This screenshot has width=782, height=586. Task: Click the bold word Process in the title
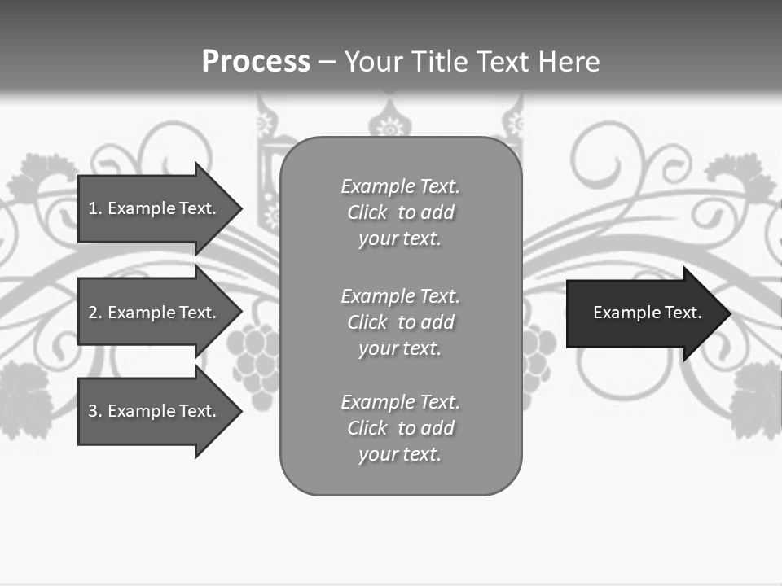pos(256,62)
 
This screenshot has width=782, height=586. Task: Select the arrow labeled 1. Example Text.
pos(155,208)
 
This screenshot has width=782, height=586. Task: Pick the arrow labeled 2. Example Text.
pos(155,313)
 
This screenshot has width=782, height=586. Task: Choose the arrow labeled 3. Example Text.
pos(155,411)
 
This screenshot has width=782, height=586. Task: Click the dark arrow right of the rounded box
pos(644,313)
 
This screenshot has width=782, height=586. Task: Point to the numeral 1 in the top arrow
pos(93,208)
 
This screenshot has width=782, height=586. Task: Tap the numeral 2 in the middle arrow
pos(93,313)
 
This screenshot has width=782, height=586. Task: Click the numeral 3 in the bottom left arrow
pos(93,411)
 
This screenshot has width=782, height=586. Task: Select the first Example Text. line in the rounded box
pos(400,186)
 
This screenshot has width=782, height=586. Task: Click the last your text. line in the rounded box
pos(400,454)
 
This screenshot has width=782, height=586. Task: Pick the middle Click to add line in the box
pos(400,322)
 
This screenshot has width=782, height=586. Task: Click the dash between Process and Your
pos(327,62)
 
